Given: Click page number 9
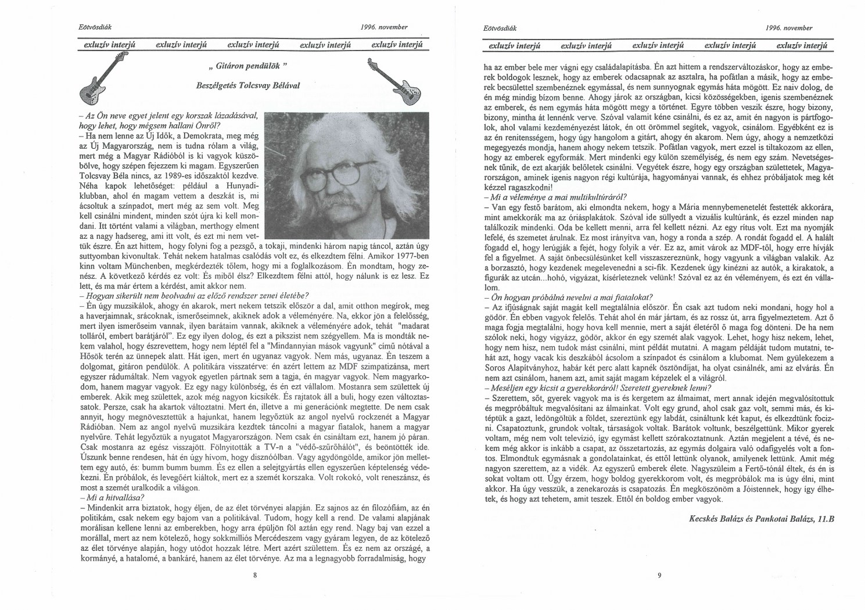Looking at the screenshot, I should tap(659, 575).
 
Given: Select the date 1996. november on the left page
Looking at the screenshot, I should tap(384, 27).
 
